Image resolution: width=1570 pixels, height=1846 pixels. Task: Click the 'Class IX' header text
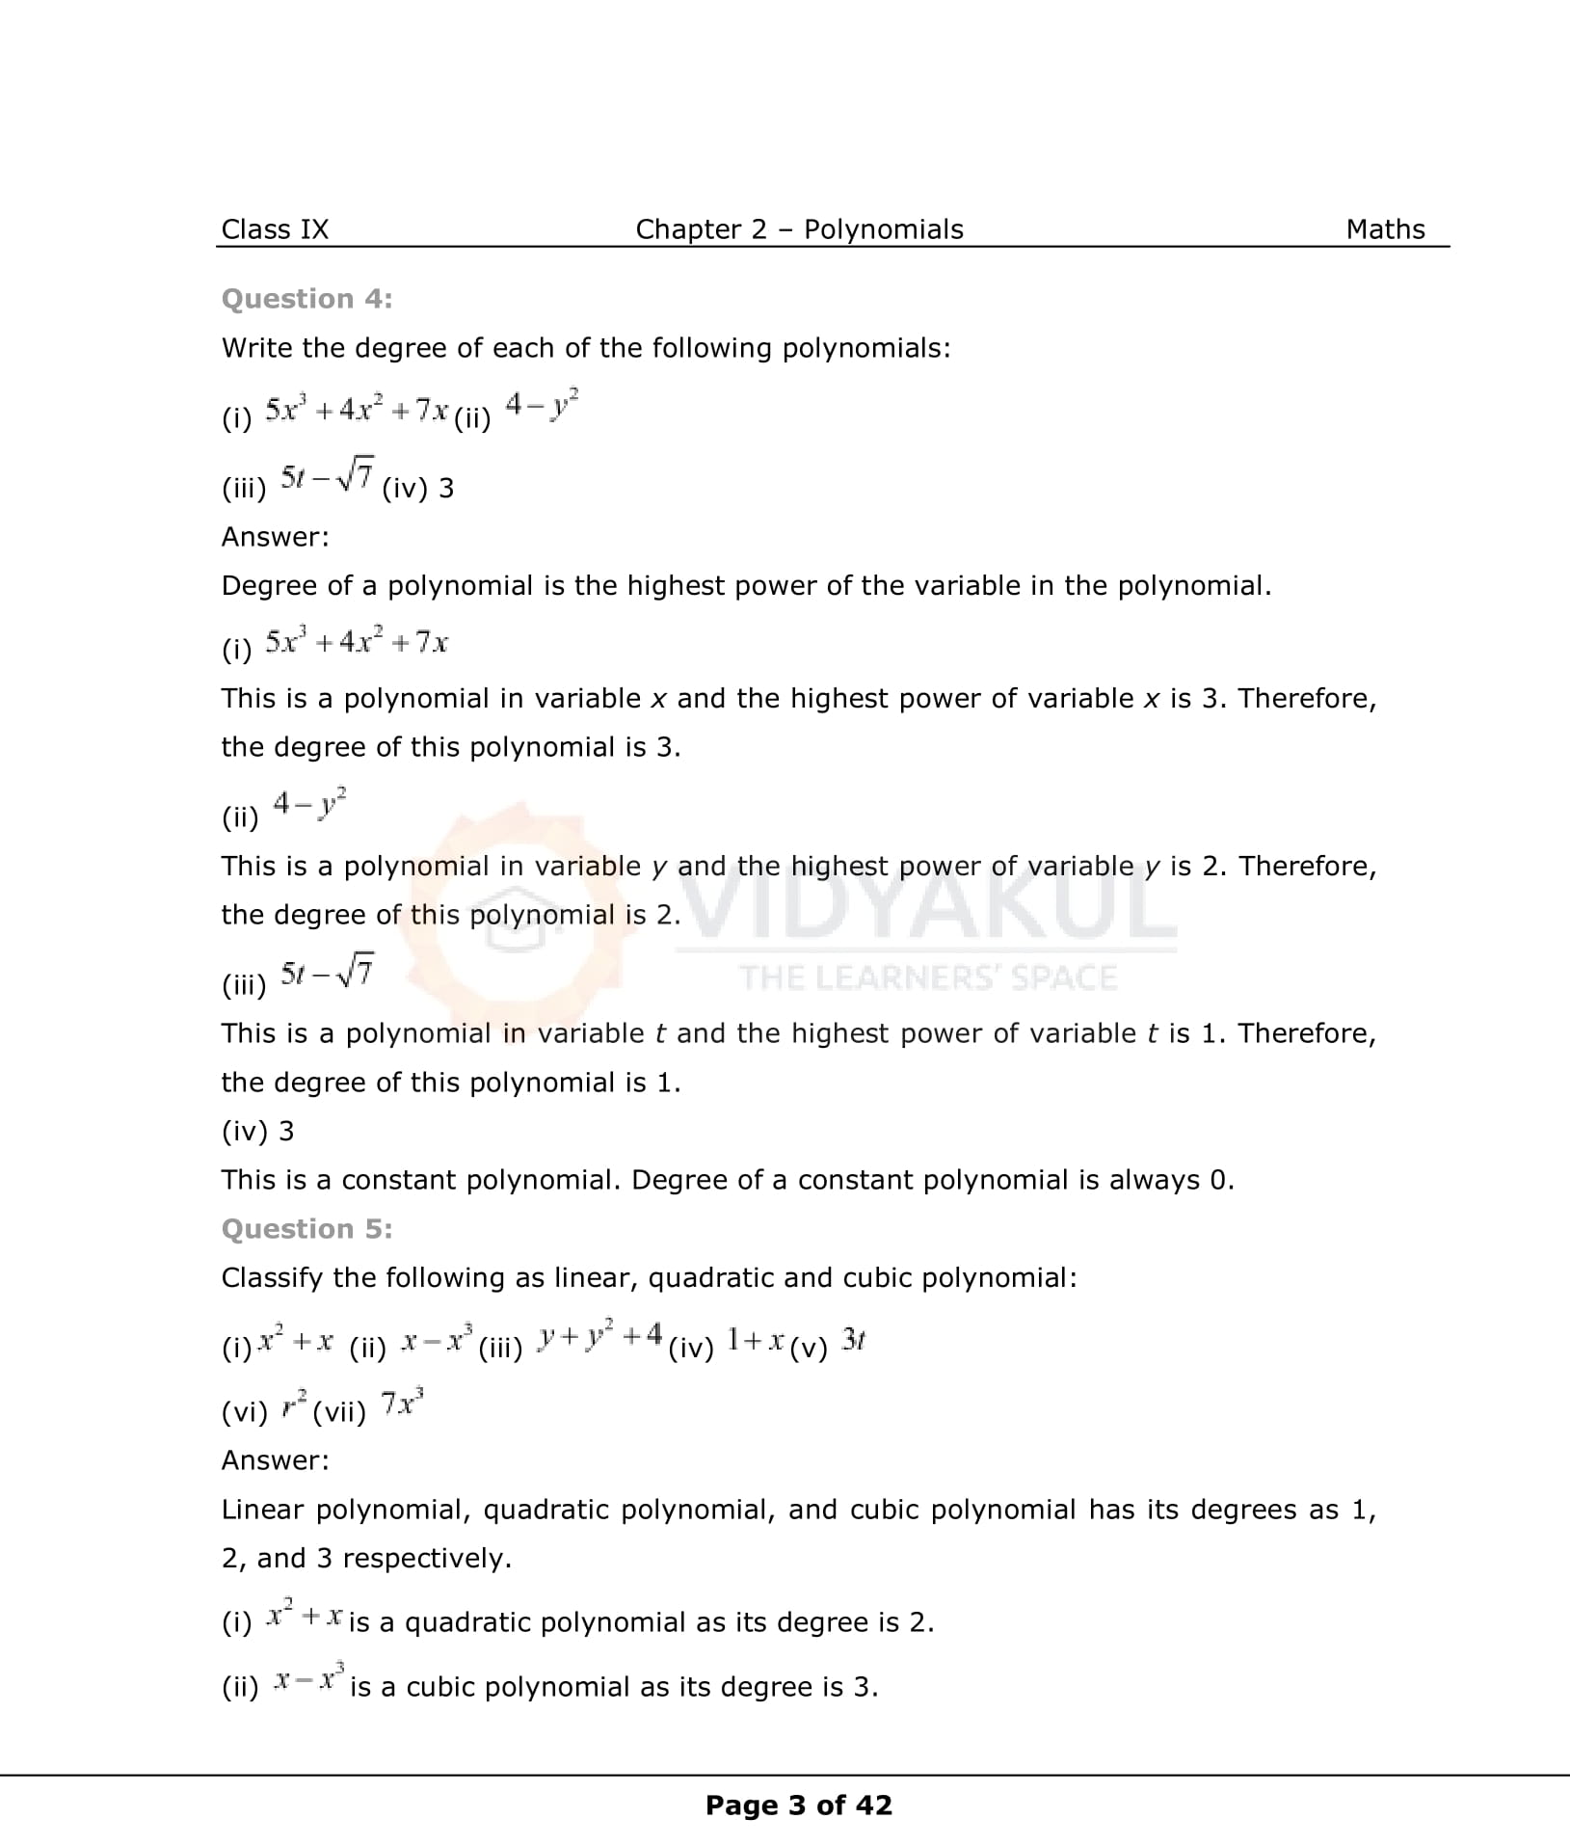click(275, 229)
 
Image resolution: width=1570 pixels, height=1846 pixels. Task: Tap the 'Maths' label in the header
click(1385, 229)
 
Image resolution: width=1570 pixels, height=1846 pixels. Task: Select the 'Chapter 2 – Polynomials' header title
click(799, 229)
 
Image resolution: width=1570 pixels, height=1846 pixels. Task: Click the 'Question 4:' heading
click(306, 299)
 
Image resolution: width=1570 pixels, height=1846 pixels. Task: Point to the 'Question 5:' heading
click(306, 1228)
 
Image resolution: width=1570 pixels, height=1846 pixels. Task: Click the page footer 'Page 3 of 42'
click(799, 1805)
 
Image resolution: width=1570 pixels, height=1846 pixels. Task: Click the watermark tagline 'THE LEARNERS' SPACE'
click(928, 977)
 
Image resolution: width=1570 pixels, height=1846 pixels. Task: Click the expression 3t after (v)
click(853, 1339)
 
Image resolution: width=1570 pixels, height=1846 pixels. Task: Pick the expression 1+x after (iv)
click(754, 1339)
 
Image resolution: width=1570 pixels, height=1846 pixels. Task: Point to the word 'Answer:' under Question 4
click(275, 537)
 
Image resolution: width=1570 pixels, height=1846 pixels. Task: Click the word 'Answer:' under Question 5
click(275, 1459)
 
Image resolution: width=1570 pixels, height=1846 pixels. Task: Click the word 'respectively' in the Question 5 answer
click(425, 1558)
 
